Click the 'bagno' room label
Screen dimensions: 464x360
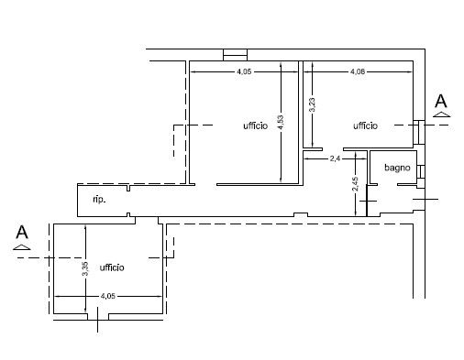click(x=397, y=168)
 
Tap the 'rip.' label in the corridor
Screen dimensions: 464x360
click(x=99, y=200)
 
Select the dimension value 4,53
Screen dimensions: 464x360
click(x=281, y=122)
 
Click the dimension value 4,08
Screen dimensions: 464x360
click(x=358, y=71)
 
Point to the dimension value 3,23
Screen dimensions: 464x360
click(x=313, y=104)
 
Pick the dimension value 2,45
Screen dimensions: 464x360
click(x=355, y=184)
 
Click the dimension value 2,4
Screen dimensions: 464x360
click(x=335, y=158)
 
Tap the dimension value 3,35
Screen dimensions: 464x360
click(x=85, y=268)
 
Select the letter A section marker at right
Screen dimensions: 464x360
click(x=441, y=101)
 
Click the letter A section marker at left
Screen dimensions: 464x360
click(x=22, y=233)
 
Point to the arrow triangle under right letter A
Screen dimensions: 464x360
click(x=441, y=115)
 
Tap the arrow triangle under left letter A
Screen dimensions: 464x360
click(x=22, y=247)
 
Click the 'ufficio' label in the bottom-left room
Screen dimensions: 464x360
click(x=112, y=267)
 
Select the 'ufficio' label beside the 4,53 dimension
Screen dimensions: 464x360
click(x=256, y=125)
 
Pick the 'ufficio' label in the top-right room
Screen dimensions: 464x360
click(x=365, y=125)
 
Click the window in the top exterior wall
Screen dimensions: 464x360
click(x=235, y=55)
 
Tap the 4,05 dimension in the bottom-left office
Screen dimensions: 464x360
click(x=108, y=296)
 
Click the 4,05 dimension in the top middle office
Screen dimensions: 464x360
click(x=244, y=71)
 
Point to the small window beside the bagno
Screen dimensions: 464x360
click(x=421, y=171)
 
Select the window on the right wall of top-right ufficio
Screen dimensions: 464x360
click(x=419, y=132)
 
